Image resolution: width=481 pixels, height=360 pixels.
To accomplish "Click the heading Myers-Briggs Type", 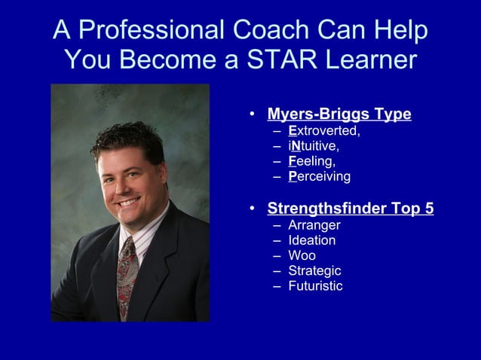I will coord(339,114).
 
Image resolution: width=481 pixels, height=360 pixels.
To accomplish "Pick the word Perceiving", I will coord(320,177).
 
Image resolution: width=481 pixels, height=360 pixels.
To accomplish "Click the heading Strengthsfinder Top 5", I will coord(351,209).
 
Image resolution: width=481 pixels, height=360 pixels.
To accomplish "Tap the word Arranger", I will coord(314,225).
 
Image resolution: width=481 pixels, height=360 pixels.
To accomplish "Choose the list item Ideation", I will coord(312,240).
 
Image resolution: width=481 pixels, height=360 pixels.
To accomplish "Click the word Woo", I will coord(302,255).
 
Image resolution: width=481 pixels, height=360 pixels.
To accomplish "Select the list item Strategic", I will coord(314,270).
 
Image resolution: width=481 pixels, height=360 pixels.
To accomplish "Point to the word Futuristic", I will coord(315,286).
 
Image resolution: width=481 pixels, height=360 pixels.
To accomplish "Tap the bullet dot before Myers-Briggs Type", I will coord(253,115).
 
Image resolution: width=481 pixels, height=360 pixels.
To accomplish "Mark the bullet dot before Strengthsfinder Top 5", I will coord(253,209).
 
